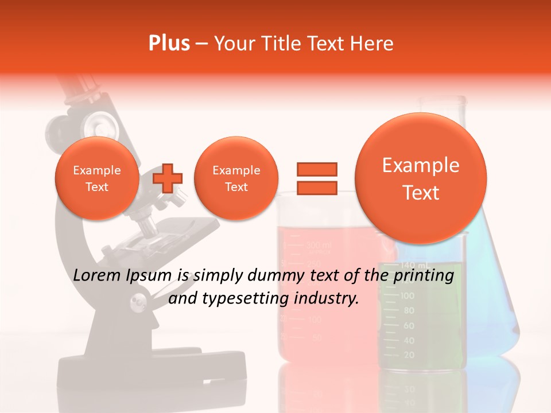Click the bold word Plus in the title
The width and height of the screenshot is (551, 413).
pos(169,44)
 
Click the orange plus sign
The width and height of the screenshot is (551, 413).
pos(168,178)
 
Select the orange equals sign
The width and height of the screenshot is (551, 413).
pos(316,178)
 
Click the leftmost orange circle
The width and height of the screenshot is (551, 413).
pos(97,178)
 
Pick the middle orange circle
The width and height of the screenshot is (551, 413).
pos(236,178)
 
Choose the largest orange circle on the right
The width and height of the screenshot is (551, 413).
pos(421,178)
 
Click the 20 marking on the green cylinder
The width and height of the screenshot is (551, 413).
pos(409,355)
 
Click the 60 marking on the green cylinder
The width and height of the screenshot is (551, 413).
pos(409,325)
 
